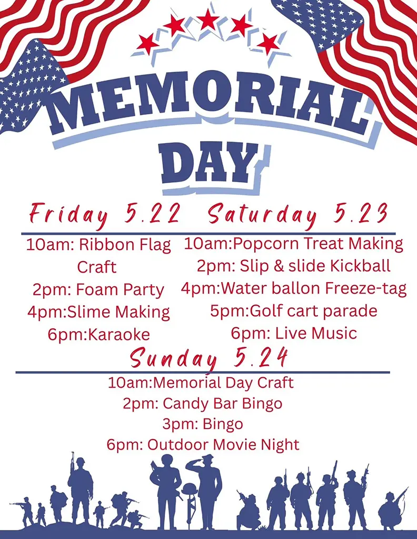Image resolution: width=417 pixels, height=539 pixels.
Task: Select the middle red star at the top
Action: [x=208, y=21]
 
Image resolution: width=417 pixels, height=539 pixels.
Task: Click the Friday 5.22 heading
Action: [x=105, y=214]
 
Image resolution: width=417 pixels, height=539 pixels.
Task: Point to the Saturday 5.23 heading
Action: [x=298, y=214]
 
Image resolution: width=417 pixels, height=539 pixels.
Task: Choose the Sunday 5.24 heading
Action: [x=209, y=358]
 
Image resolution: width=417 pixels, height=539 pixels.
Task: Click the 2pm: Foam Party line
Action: [x=98, y=290]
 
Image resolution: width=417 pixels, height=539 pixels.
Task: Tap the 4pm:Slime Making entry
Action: [x=98, y=312]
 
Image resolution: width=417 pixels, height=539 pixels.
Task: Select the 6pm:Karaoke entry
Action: [x=98, y=334]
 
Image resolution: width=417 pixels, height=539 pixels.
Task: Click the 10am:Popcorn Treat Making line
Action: [x=293, y=244]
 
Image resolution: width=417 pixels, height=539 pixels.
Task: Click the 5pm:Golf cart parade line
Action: [x=293, y=311]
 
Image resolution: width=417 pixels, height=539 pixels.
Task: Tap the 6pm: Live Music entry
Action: [x=293, y=333]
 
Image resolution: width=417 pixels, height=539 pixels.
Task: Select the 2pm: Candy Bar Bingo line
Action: [x=202, y=404]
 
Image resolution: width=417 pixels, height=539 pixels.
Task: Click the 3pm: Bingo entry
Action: [x=202, y=424]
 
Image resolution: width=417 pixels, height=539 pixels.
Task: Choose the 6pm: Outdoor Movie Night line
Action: [x=202, y=445]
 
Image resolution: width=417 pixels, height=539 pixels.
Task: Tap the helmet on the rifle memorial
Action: [x=188, y=489]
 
